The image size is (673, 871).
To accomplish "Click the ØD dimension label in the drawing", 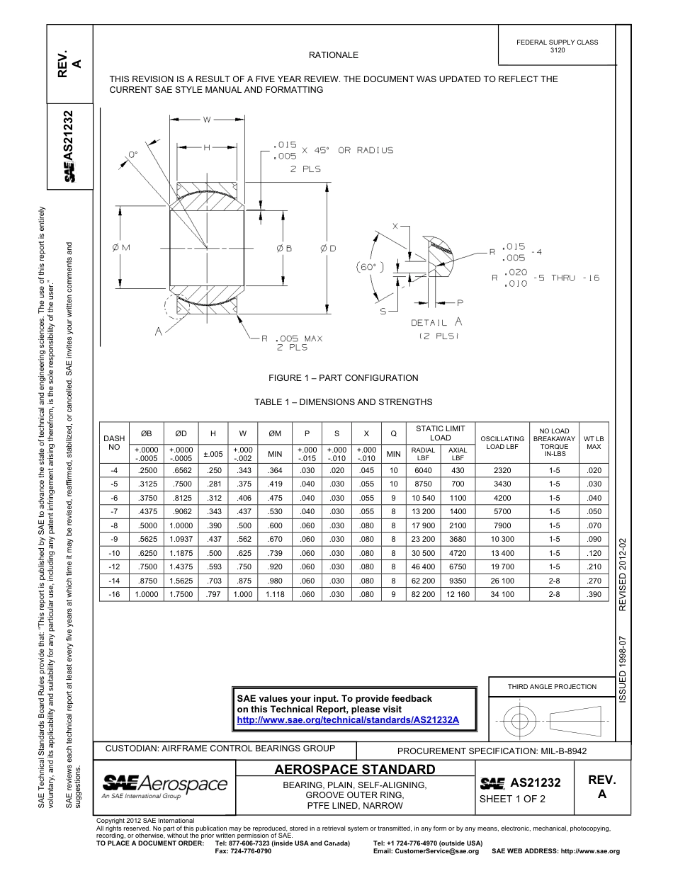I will (x=327, y=248).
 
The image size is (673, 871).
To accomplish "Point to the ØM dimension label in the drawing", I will (x=121, y=247).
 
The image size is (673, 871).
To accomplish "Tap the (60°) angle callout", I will (x=369, y=267).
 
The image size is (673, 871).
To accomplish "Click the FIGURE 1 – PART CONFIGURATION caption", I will (x=343, y=378).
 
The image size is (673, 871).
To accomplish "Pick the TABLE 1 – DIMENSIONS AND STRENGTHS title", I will (x=343, y=402).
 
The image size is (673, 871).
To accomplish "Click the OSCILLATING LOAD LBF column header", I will (x=502, y=443).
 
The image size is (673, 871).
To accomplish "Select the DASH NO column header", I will (x=113, y=443).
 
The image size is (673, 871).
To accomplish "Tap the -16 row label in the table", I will (x=113, y=595).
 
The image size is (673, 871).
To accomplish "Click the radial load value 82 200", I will (x=424, y=595).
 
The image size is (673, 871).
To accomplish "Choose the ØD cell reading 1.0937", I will (x=181, y=540).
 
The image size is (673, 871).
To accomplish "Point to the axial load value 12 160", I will (x=458, y=595).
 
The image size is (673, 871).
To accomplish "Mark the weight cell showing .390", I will (x=594, y=595).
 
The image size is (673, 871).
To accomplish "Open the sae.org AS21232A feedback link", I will (x=348, y=719).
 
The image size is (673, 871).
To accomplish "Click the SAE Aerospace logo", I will (x=164, y=785).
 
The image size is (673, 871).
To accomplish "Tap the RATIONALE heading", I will (x=333, y=55).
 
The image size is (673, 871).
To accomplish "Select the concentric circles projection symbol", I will (x=520, y=722).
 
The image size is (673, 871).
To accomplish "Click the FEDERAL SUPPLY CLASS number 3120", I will (x=557, y=51).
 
